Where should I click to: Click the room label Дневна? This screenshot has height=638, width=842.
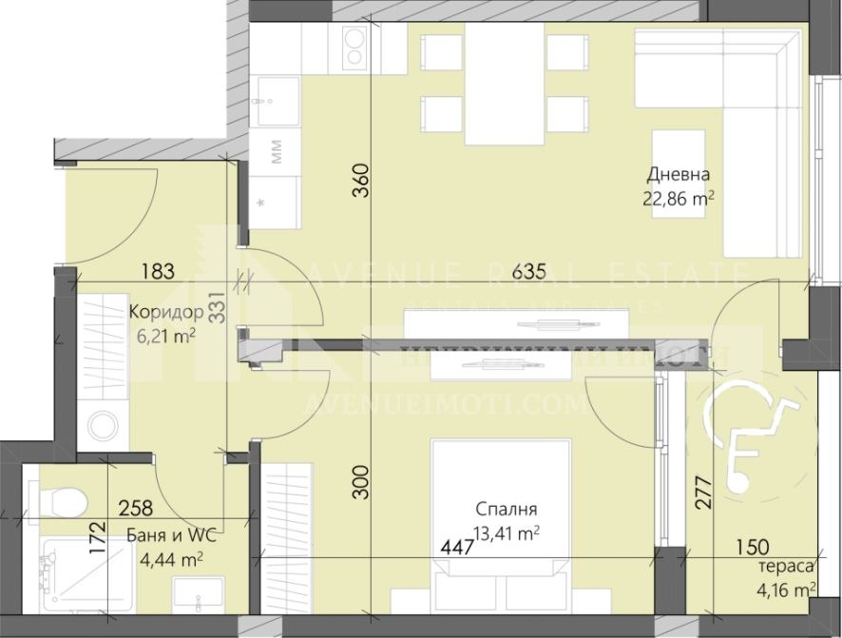point(679,175)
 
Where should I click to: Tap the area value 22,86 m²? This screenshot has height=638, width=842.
point(679,199)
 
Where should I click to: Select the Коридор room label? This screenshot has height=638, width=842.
point(167,312)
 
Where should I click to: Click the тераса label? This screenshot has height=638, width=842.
point(786,567)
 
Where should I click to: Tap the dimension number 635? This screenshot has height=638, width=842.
point(528,272)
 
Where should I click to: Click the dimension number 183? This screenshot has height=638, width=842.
point(158,272)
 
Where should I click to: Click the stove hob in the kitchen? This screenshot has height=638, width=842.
point(355,48)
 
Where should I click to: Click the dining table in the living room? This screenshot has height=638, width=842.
point(503,84)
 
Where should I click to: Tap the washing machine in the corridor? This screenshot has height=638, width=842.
point(98,426)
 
